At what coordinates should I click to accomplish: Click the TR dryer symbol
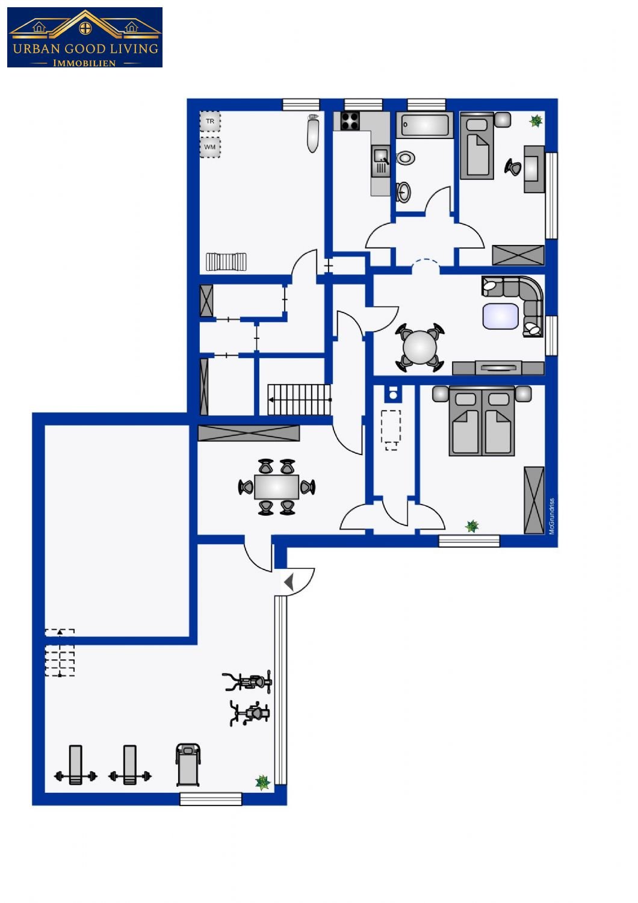pyautogui.click(x=210, y=122)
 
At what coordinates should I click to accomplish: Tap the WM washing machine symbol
pyautogui.click(x=210, y=147)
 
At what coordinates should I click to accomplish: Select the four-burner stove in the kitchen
pyautogui.click(x=350, y=120)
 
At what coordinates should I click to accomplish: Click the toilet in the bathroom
pyautogui.click(x=405, y=158)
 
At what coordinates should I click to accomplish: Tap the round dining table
pyautogui.click(x=420, y=347)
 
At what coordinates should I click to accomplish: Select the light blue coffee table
pyautogui.click(x=500, y=316)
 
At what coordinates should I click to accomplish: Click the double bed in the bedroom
pyautogui.click(x=482, y=420)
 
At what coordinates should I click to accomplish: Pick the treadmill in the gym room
pyautogui.click(x=188, y=765)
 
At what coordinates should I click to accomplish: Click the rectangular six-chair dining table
pyautogui.click(x=276, y=487)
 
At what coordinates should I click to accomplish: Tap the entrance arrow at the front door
pyautogui.click(x=289, y=583)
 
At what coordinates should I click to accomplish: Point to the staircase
pyautogui.click(x=299, y=400)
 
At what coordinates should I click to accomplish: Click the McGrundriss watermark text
pyautogui.click(x=551, y=517)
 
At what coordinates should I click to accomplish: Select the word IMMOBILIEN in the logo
pyautogui.click(x=85, y=63)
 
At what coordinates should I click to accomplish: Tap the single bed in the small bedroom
pyautogui.click(x=477, y=146)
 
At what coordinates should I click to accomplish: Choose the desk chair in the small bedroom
pyautogui.click(x=513, y=167)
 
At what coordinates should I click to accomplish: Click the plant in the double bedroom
pyautogui.click(x=471, y=526)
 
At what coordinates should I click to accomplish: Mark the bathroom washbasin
pyautogui.click(x=403, y=191)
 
